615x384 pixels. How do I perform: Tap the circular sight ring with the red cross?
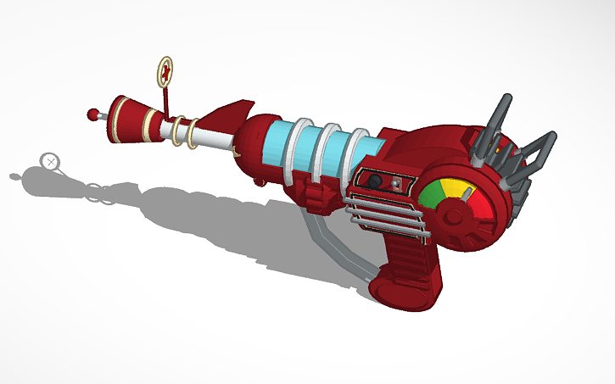coord(167,70)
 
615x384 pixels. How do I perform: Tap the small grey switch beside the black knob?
coord(395,183)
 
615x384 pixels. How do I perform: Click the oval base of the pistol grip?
coord(399,288)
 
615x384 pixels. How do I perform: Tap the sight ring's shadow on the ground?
coord(52,160)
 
